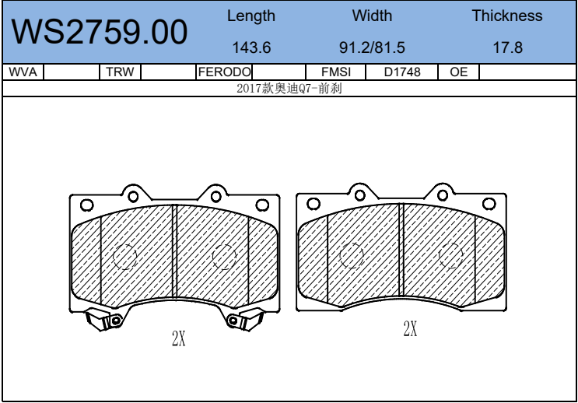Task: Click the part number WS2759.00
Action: (x=100, y=32)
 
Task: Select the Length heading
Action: (x=251, y=16)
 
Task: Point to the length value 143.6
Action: (x=251, y=47)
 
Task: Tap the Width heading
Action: (x=372, y=16)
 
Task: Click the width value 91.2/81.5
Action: (x=372, y=47)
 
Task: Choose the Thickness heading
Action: (x=507, y=16)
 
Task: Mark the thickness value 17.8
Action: (x=508, y=47)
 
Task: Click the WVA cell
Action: (x=23, y=72)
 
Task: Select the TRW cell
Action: (x=120, y=72)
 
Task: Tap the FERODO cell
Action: (x=224, y=72)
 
